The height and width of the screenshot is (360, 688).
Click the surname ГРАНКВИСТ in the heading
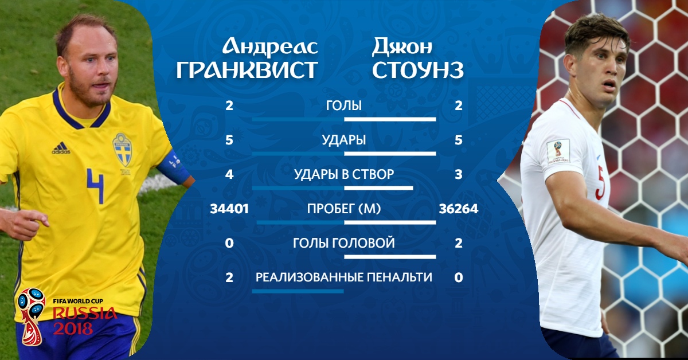tap(247, 70)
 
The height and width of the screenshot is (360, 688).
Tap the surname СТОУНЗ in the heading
tap(418, 70)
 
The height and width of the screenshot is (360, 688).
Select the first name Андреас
tap(270, 47)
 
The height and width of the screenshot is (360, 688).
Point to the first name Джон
tap(402, 46)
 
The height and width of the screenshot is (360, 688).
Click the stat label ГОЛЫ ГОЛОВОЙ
tap(343, 243)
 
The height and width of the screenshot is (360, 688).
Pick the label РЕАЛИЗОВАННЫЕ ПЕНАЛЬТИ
tap(343, 277)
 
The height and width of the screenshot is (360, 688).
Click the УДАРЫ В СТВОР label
tap(343, 174)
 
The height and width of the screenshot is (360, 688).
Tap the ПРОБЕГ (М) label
tap(343, 209)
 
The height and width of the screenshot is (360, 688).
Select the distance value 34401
tap(229, 209)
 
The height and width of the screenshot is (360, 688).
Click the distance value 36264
tap(459, 209)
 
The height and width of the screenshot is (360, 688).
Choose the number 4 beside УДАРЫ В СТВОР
tap(229, 174)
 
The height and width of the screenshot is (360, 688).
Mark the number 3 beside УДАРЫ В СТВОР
tap(459, 174)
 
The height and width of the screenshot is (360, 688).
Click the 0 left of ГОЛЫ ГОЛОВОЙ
tap(229, 243)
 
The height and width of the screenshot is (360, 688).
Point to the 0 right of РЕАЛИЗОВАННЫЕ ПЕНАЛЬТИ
tap(459, 277)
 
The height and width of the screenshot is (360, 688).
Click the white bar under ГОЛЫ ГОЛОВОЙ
tap(390, 257)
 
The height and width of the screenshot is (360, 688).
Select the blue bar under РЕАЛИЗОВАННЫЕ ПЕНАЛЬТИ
tap(298, 291)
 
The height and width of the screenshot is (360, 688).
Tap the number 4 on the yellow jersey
tap(95, 185)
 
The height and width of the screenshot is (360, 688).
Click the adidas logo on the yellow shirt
tap(61, 148)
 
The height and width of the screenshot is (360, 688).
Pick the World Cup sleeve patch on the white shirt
tap(558, 151)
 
